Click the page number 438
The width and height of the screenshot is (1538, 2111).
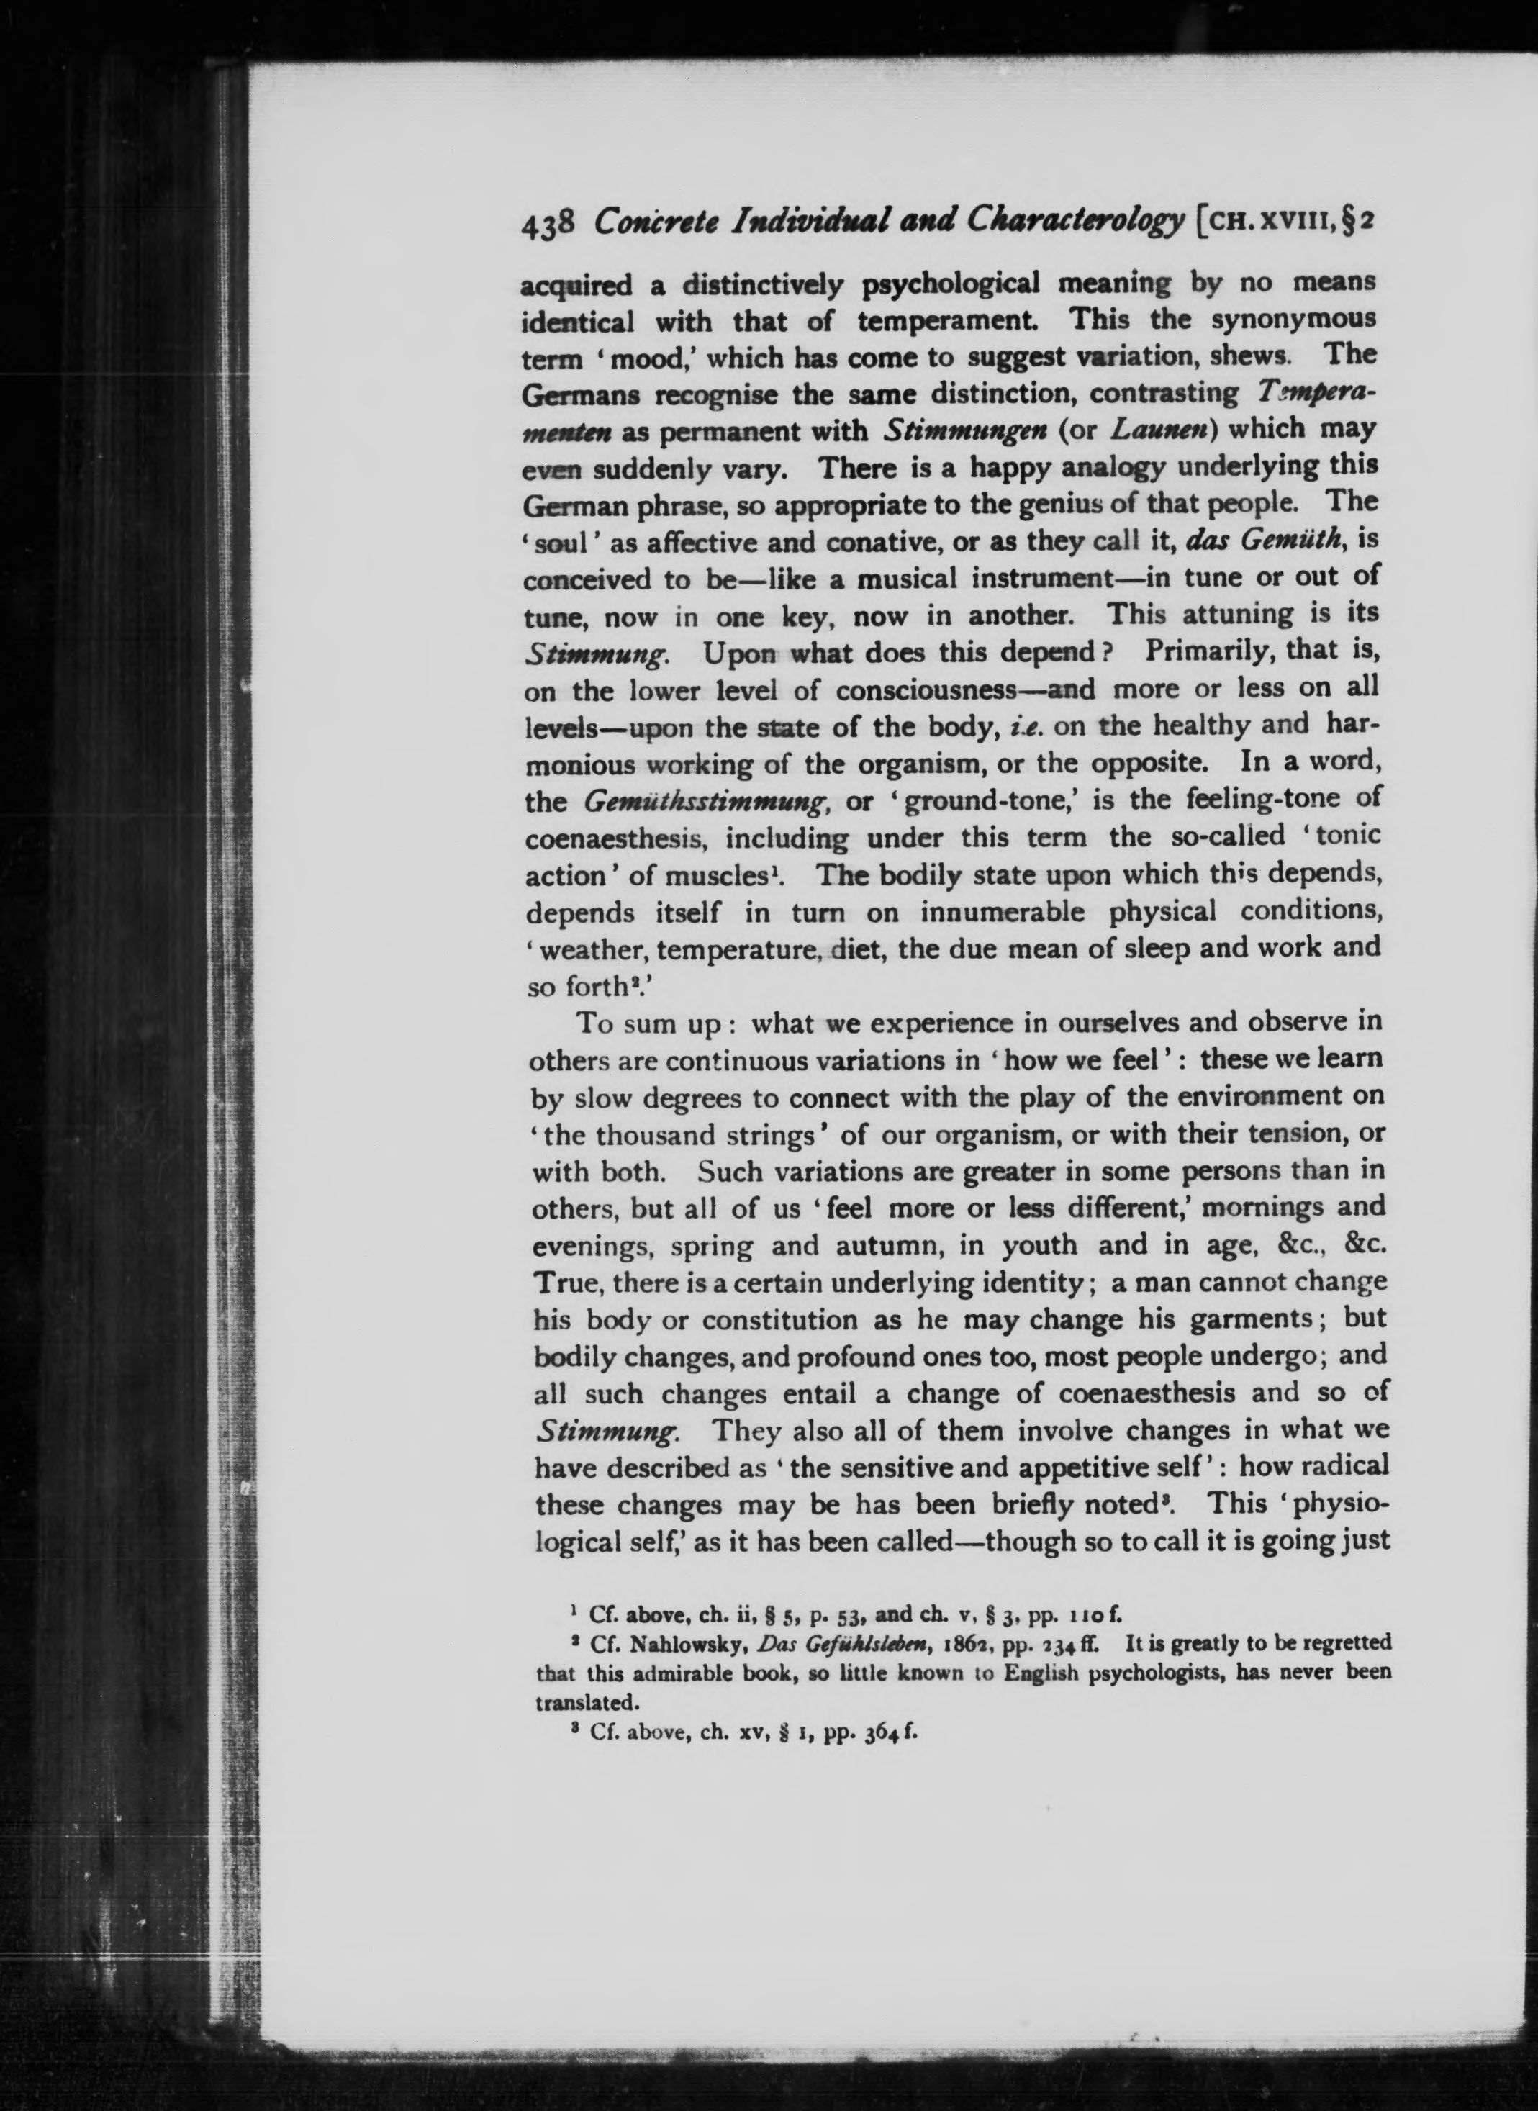click(551, 226)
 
